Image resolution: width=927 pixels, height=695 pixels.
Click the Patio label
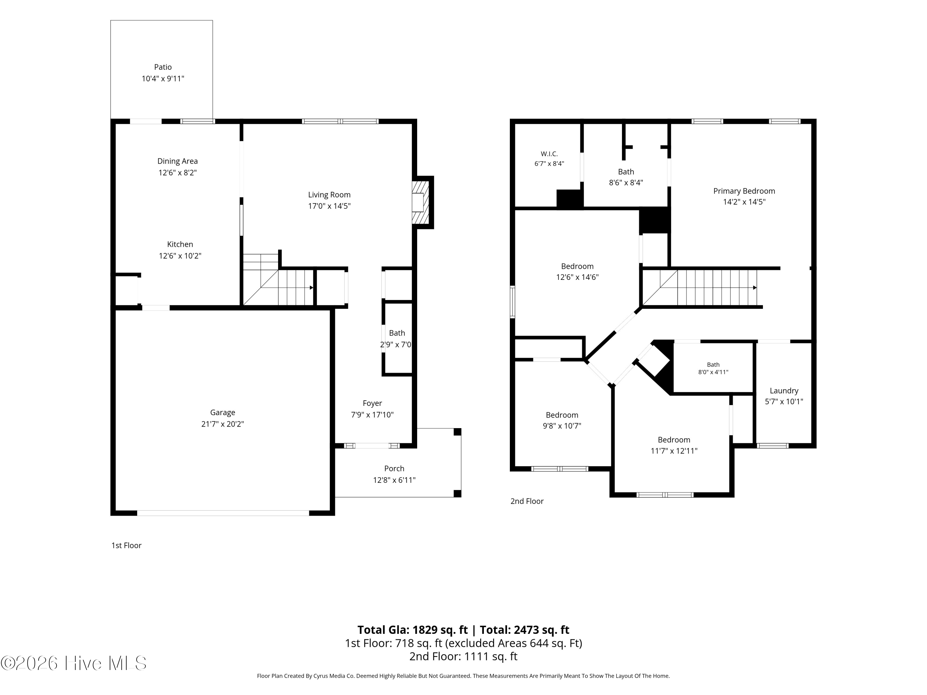pyautogui.click(x=163, y=67)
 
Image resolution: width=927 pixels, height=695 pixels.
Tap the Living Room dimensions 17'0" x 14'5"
pyautogui.click(x=329, y=206)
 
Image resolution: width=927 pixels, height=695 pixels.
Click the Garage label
pyautogui.click(x=222, y=413)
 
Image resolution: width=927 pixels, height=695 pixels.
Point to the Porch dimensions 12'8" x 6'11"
pyautogui.click(x=394, y=480)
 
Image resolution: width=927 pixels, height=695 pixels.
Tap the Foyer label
pyautogui.click(x=372, y=403)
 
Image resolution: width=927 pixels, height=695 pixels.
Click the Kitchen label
pyautogui.click(x=180, y=244)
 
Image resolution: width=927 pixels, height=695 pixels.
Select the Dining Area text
pyautogui.click(x=178, y=161)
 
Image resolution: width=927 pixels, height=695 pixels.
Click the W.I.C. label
pyautogui.click(x=549, y=154)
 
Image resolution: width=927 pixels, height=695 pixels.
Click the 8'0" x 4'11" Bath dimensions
pyautogui.click(x=713, y=372)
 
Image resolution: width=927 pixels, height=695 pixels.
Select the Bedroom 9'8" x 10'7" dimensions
pyautogui.click(x=562, y=426)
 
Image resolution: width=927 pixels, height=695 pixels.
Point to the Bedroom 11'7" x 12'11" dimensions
pyautogui.click(x=674, y=451)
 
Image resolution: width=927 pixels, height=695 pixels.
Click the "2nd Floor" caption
pyautogui.click(x=527, y=501)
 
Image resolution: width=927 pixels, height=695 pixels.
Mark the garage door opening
pyautogui.click(x=223, y=513)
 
